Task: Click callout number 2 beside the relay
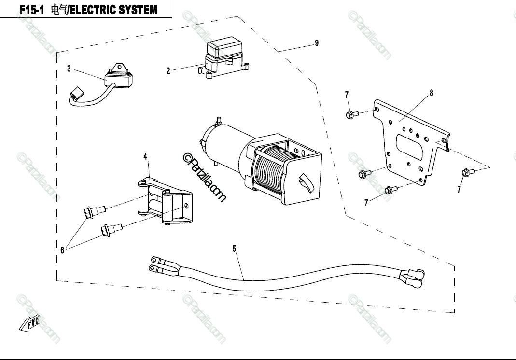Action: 168,71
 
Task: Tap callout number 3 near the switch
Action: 69,69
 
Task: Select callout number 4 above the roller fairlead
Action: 145,156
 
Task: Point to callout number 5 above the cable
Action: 234,249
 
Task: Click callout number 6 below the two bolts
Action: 62,250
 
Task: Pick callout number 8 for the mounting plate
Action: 431,93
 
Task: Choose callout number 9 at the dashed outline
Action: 317,43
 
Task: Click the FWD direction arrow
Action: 30,323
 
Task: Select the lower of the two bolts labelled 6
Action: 110,229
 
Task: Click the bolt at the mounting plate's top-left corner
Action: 351,115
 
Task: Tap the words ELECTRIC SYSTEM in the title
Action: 113,10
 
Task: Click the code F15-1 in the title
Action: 32,10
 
